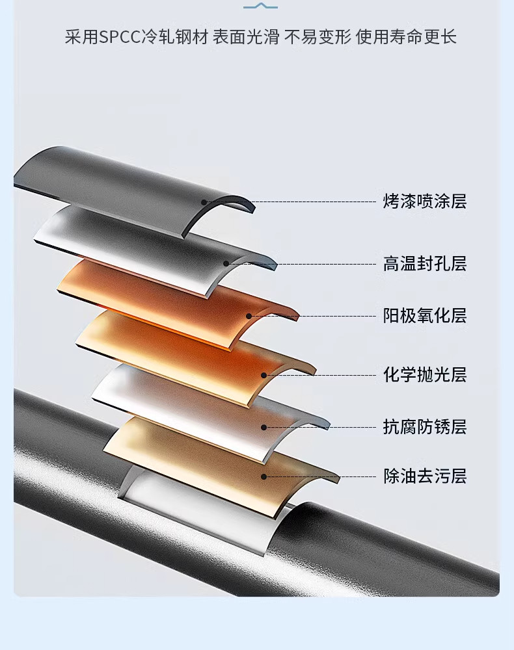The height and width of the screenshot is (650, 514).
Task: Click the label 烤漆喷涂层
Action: click(x=425, y=201)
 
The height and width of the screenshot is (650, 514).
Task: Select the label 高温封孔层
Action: click(x=425, y=264)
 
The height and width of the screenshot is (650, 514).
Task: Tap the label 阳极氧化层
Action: click(x=425, y=317)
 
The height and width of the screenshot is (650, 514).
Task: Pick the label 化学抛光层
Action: click(x=425, y=375)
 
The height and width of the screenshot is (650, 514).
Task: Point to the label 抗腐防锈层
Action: click(x=425, y=427)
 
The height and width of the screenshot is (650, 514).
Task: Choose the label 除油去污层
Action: click(x=425, y=476)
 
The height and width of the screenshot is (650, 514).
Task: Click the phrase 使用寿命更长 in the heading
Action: click(x=406, y=36)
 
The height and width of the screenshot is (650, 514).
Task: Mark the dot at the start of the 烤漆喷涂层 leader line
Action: click(x=204, y=202)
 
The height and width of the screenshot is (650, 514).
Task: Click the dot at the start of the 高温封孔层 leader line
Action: click(x=226, y=264)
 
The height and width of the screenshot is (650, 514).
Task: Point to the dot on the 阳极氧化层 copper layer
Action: click(x=249, y=317)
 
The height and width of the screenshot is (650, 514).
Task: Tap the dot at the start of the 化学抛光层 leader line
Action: click(x=264, y=375)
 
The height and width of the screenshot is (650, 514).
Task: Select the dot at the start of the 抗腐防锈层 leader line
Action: click(x=264, y=427)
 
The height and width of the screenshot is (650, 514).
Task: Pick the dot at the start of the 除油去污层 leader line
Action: click(x=264, y=476)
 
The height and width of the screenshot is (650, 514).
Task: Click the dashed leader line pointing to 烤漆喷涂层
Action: click(x=293, y=202)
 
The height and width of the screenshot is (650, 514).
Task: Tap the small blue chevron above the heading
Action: click(x=260, y=6)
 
